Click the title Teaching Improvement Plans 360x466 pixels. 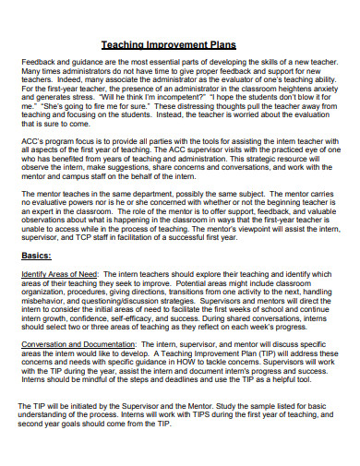pyautogui.click(x=180, y=43)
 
